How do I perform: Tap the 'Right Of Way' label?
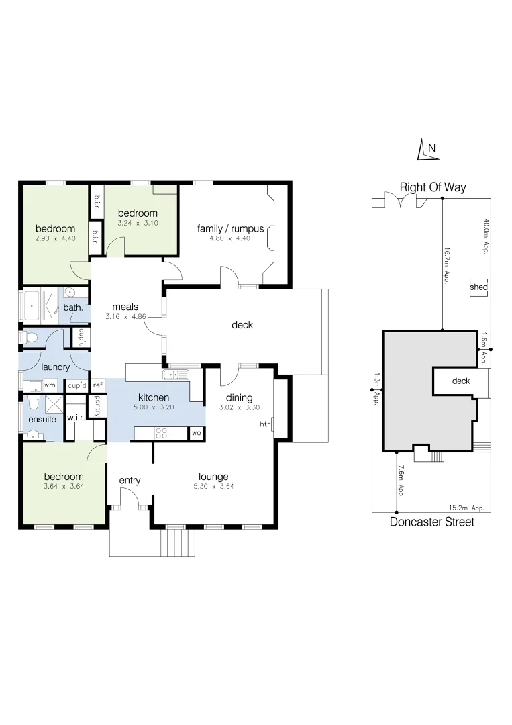pyautogui.click(x=432, y=187)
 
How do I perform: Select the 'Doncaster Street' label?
pyautogui.click(x=431, y=522)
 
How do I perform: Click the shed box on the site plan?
pyautogui.click(x=479, y=287)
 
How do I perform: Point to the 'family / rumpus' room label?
pyautogui.click(x=230, y=228)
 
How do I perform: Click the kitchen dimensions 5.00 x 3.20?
pyautogui.click(x=153, y=407)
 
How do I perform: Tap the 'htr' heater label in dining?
pyautogui.click(x=264, y=424)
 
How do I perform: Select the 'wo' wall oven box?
pyautogui.click(x=197, y=434)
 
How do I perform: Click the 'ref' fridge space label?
pyautogui.click(x=97, y=385)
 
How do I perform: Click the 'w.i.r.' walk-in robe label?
pyautogui.click(x=74, y=418)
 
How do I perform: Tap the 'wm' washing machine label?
pyautogui.click(x=50, y=385)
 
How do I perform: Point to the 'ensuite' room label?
pyautogui.click(x=42, y=420)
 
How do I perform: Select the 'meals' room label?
pyautogui.click(x=125, y=307)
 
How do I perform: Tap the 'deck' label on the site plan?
pyautogui.click(x=461, y=381)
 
